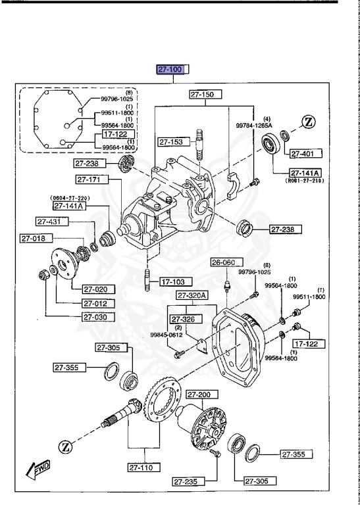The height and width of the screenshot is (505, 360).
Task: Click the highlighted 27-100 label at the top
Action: click(172, 68)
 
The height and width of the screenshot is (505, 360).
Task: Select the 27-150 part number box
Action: click(205, 95)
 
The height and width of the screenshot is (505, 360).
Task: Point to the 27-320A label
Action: click(192, 295)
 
